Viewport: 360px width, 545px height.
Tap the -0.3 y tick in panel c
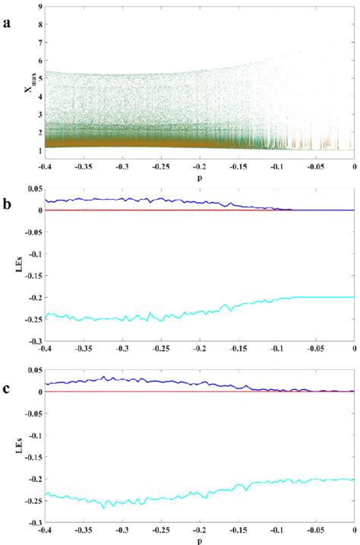[33, 523]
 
